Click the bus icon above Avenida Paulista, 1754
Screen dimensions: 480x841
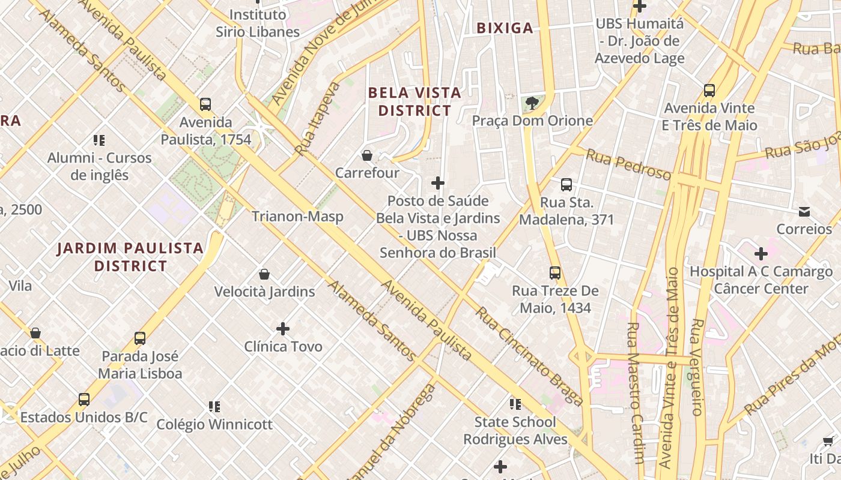point(205,104)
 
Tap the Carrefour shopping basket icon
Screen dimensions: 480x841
point(367,156)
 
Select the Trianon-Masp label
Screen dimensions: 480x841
point(297,217)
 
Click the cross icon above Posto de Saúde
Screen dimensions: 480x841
point(438,183)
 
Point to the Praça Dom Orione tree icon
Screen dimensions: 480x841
point(532,103)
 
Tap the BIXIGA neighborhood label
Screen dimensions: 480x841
point(505,28)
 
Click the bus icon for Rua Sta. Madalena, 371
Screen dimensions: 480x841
point(566,185)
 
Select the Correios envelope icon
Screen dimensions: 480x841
point(804,212)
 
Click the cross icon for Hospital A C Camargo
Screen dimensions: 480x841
point(761,254)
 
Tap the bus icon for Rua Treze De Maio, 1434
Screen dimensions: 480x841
point(555,274)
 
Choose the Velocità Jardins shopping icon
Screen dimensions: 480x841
point(264,275)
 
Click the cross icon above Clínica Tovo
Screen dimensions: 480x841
point(283,329)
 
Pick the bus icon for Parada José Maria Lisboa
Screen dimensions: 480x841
point(140,338)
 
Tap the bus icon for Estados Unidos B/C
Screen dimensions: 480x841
point(84,400)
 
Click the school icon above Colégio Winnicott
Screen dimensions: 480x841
point(214,407)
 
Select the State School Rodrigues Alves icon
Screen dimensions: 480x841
point(515,404)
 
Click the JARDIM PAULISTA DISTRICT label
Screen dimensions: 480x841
point(130,257)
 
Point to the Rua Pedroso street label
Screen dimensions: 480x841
point(628,164)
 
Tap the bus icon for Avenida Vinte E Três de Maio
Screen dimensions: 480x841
point(709,91)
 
